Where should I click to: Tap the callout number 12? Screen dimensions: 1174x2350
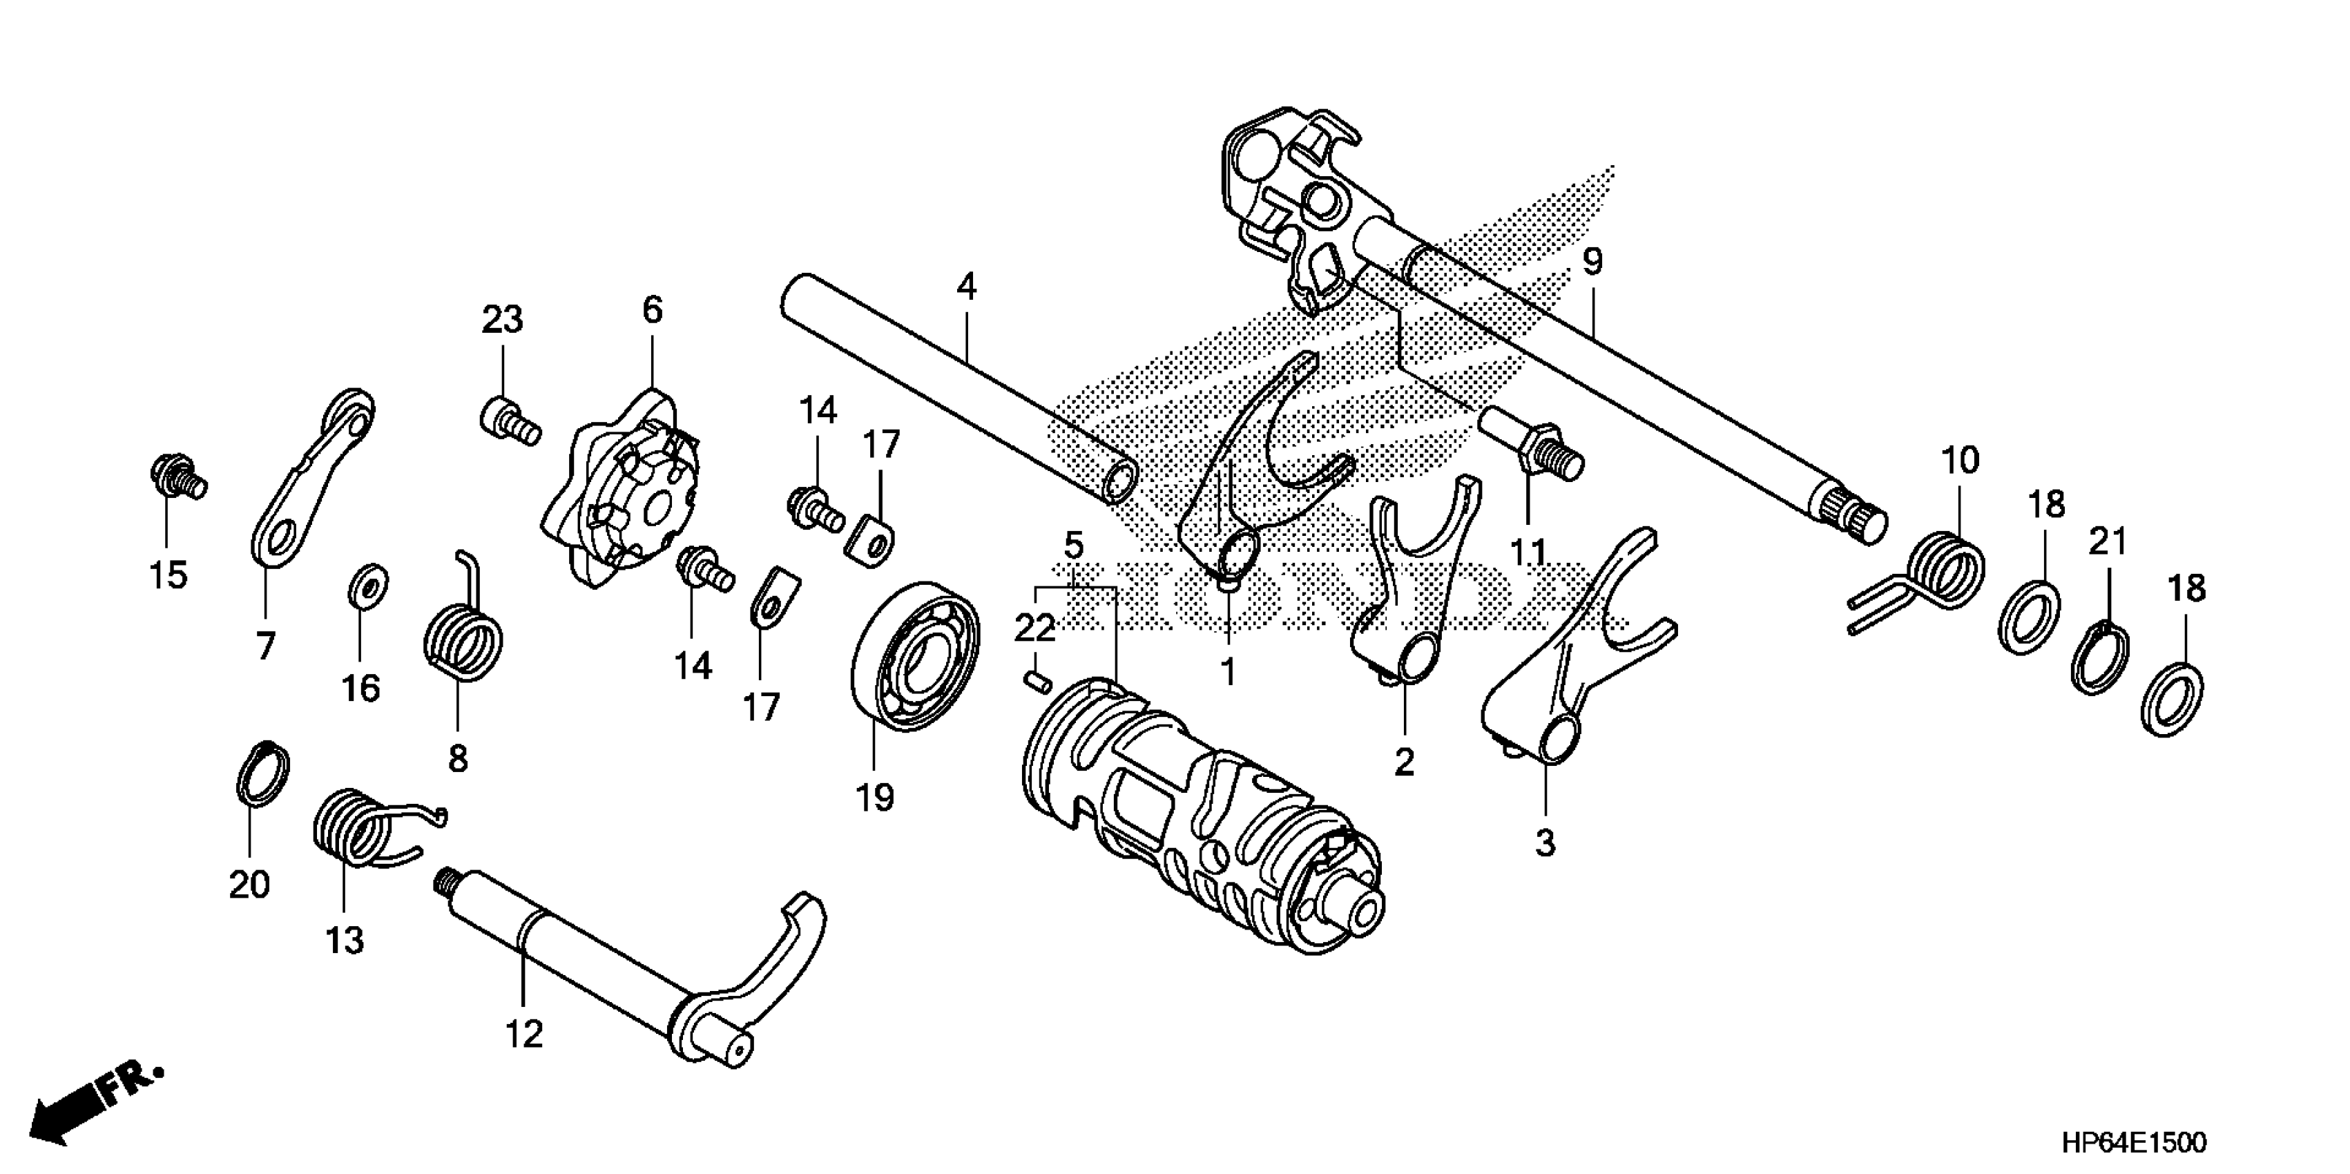(523, 1034)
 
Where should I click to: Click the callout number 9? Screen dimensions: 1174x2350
(1591, 262)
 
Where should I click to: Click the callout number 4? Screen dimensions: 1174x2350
(966, 287)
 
